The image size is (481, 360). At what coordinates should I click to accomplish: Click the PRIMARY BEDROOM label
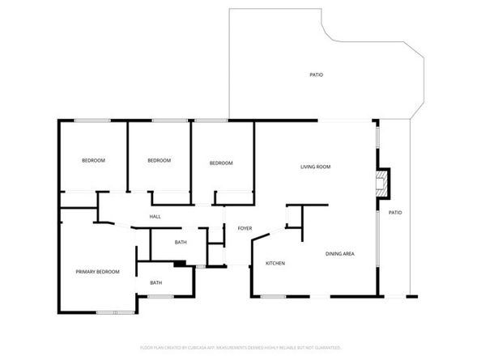[97, 272]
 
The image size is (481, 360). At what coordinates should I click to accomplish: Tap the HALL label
[155, 217]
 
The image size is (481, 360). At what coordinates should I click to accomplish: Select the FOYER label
[245, 229]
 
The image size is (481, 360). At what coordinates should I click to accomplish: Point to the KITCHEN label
[275, 264]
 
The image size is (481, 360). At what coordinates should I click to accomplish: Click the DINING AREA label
[340, 254]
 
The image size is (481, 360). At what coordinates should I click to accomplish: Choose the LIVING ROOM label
[315, 167]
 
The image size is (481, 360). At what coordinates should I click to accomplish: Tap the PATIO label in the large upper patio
[317, 74]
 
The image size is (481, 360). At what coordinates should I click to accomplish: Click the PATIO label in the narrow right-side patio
[394, 212]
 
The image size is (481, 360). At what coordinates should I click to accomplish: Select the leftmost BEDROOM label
[93, 160]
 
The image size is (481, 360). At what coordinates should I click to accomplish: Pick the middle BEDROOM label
[159, 160]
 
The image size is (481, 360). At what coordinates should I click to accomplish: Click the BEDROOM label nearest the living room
[221, 163]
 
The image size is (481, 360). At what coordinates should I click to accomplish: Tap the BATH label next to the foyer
[181, 243]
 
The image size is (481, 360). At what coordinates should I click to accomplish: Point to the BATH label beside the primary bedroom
[155, 282]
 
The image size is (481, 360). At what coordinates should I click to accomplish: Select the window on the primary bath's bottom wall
[160, 297]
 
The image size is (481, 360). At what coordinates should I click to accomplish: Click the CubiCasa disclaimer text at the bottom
[240, 347]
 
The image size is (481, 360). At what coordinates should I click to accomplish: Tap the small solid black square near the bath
[179, 263]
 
